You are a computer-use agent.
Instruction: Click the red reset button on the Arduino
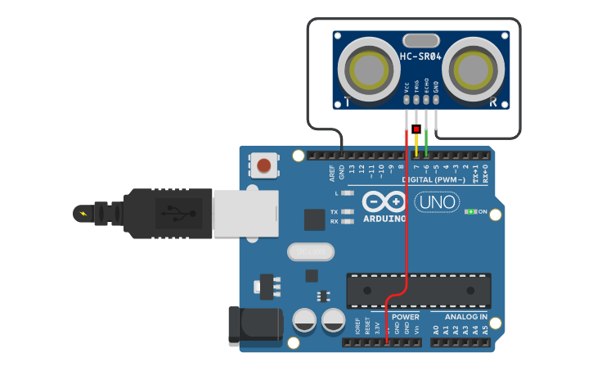(x=263, y=165)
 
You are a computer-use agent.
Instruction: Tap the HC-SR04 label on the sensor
(x=420, y=57)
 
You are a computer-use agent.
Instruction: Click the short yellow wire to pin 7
(x=416, y=144)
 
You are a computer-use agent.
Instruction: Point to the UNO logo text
(x=437, y=201)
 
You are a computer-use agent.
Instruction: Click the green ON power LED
(x=470, y=212)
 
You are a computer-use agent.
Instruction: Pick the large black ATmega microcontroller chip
(x=418, y=291)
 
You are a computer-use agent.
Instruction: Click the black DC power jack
(x=254, y=325)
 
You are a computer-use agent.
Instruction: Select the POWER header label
(x=405, y=317)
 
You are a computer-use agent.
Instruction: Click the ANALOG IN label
(x=465, y=317)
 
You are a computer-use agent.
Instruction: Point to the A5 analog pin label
(x=485, y=330)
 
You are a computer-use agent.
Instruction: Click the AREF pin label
(x=332, y=173)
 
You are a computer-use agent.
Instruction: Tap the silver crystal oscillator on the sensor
(x=420, y=40)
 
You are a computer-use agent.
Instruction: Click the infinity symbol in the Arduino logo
(x=384, y=201)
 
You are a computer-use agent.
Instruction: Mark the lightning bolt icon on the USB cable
(x=82, y=214)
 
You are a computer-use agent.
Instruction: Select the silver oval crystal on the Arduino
(x=311, y=251)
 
